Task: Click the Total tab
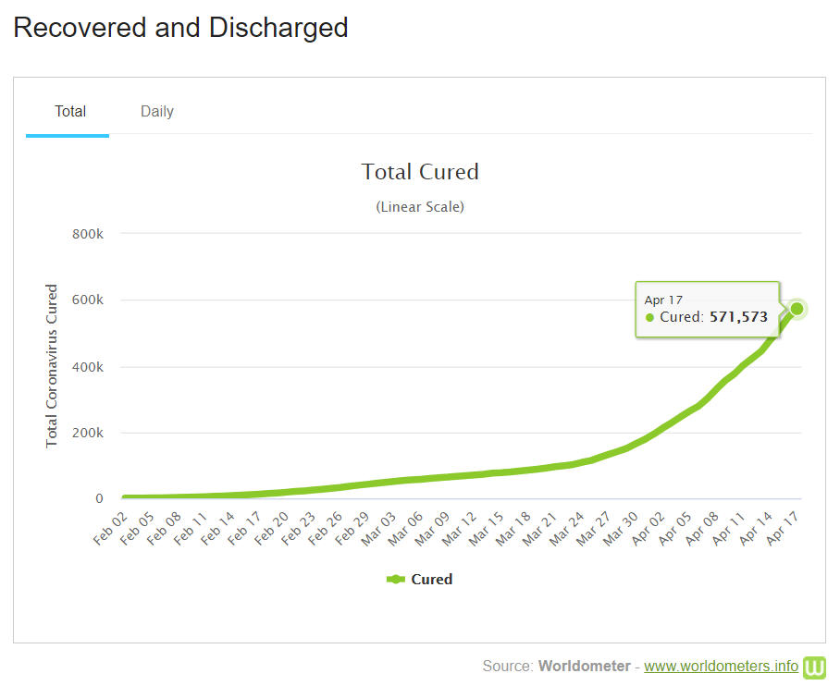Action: coord(70,112)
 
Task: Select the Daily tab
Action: coord(157,112)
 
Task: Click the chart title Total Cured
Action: coord(420,172)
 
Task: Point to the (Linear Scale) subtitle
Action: coord(420,207)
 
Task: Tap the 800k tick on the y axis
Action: coord(88,234)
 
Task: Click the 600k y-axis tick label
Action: coord(88,300)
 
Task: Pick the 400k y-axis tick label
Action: coord(88,367)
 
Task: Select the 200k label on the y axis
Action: coord(88,433)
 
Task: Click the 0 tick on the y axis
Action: coord(99,499)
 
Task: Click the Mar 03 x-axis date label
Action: coord(379,529)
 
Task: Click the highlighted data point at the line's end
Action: coord(797,309)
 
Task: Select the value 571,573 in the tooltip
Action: coord(738,317)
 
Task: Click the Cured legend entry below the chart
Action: coord(420,580)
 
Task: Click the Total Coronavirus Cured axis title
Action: coord(52,366)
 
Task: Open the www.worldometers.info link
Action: coord(721,666)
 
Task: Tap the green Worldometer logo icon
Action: coord(815,667)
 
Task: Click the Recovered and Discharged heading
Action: coord(180,28)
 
